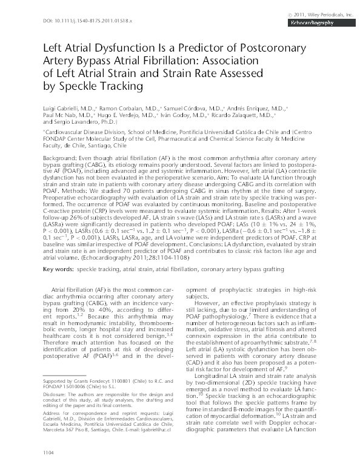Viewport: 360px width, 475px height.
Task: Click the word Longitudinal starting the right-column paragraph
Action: (215, 377)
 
